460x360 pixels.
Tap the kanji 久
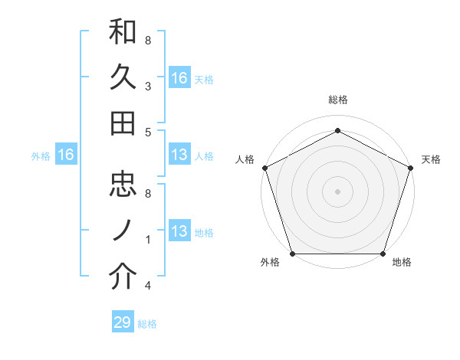coord(123,77)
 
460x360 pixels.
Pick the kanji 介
coord(123,277)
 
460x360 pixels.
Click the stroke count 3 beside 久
coord(148,87)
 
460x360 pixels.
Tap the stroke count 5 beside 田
coord(148,132)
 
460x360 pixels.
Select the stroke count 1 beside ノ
coord(148,240)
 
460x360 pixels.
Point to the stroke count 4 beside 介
coord(148,286)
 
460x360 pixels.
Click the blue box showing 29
coord(122,322)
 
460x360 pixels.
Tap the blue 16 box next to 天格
coord(179,78)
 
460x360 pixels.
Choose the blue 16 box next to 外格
coord(65,155)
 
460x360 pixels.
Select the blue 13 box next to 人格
coord(179,155)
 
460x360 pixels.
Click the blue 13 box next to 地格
coord(179,231)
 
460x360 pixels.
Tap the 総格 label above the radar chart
coord(337,100)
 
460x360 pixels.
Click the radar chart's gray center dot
coord(337,191)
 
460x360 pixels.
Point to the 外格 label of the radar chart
coord(270,262)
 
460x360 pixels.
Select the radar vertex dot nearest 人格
coord(264,167)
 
